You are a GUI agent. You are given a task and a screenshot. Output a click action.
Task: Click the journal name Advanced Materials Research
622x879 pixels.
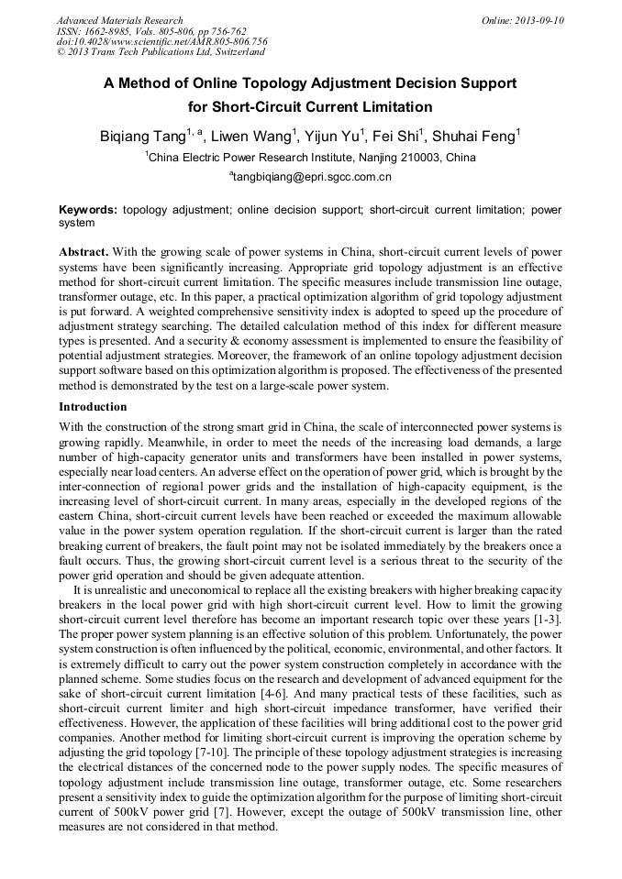119,20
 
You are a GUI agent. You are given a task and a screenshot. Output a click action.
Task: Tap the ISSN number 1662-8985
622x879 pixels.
109,31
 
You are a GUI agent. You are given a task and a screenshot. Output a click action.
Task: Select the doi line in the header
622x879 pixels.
161,41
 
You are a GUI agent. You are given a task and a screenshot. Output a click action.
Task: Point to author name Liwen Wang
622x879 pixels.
253,137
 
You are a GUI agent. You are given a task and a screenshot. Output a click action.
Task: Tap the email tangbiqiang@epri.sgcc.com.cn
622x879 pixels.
311,176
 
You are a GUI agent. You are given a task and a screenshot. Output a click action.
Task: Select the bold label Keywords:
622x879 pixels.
88,210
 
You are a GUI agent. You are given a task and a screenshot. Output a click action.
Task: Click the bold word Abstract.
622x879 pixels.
83,251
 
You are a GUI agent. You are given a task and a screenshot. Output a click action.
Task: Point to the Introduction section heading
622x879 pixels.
93,406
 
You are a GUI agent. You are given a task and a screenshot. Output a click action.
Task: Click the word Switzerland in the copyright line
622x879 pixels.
234,52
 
